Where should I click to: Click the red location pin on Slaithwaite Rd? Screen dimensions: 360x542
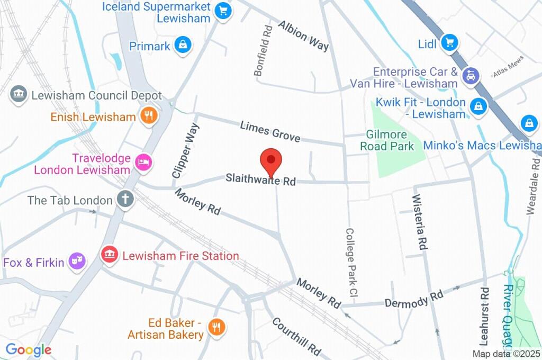tap(271, 160)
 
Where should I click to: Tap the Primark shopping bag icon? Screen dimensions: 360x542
tap(183, 46)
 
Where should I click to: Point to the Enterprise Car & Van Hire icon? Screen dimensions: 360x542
tap(470, 76)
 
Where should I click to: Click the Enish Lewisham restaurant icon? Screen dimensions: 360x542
tap(149, 116)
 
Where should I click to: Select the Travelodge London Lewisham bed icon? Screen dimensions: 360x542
tap(143, 162)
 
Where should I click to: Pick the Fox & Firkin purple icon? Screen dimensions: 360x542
tap(77, 261)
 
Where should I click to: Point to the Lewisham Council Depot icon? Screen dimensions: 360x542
tap(19, 95)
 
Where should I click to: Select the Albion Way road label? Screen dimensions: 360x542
tap(303, 35)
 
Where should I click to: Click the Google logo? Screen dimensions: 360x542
tap(28, 349)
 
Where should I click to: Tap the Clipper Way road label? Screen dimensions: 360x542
tap(185, 150)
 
